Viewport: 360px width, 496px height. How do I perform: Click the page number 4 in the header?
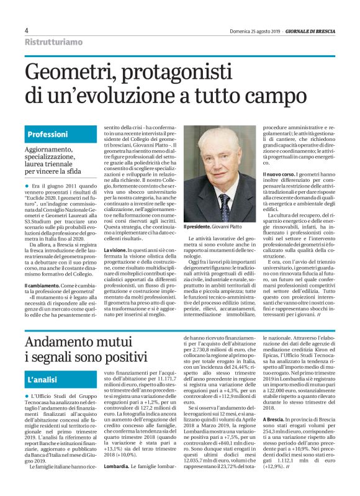pos(26,30)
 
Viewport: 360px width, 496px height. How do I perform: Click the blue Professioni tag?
pos(48,134)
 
